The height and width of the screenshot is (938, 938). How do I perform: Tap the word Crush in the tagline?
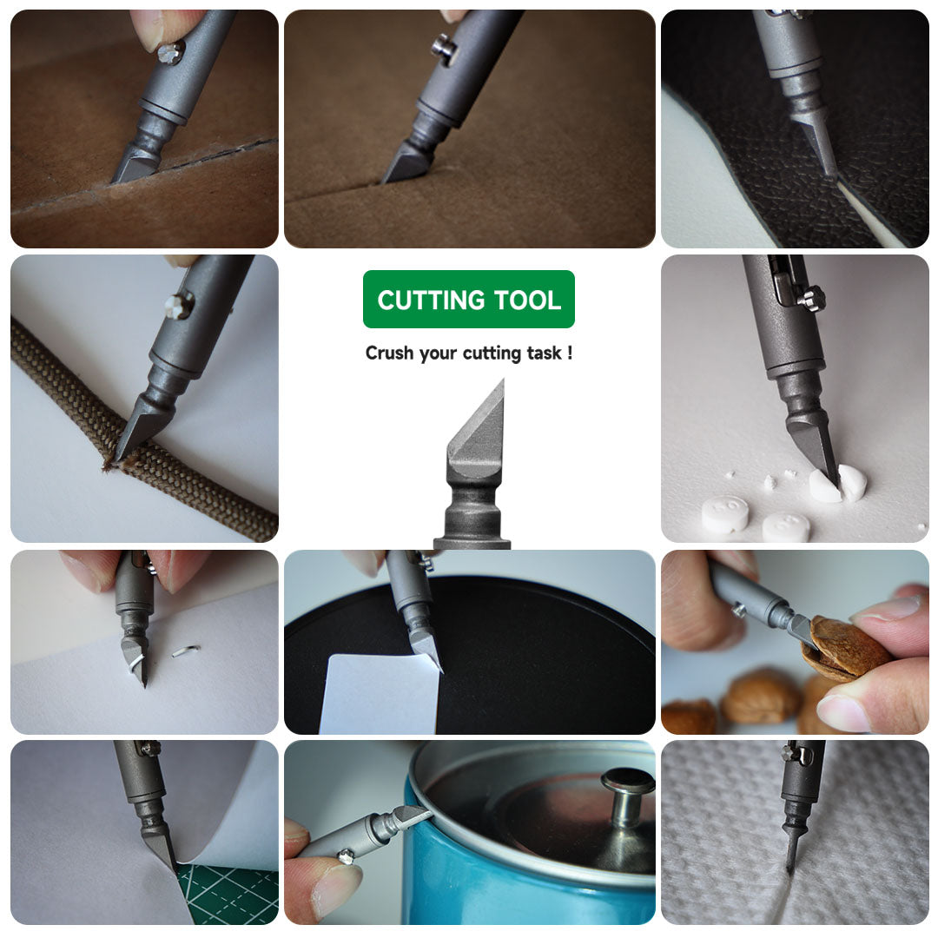pyautogui.click(x=388, y=353)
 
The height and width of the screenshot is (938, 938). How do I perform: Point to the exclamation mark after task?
pyautogui.click(x=569, y=353)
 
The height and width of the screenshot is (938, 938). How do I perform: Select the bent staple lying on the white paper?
pyautogui.click(x=186, y=651)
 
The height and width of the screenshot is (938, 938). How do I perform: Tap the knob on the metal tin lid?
pyautogui.click(x=627, y=791)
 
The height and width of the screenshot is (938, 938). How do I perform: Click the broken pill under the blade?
pyautogui.click(x=838, y=484)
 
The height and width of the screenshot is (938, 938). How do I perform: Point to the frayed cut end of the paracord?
pyautogui.click(x=110, y=464)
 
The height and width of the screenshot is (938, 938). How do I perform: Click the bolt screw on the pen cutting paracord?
pyautogui.click(x=179, y=304)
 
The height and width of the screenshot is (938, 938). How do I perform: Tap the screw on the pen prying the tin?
pyautogui.click(x=346, y=857)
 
